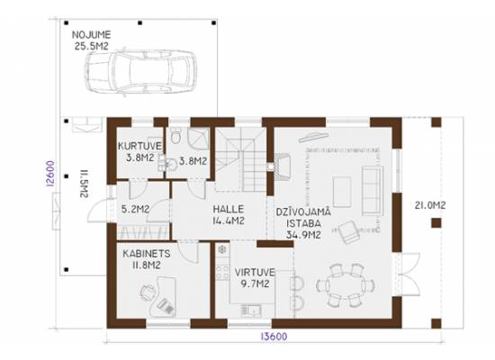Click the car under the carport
[140, 71]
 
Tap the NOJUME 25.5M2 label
[92, 40]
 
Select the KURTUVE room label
[139, 146]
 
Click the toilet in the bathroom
[175, 136]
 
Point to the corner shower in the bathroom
[199, 139]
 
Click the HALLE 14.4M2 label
[229, 215]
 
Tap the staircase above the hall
[241, 159]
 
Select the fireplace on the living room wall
[283, 166]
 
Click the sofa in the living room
[373, 191]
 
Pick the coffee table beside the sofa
[342, 192]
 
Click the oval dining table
[346, 285]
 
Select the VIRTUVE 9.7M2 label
[255, 278]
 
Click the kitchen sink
[251, 310]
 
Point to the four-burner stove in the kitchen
[222, 272]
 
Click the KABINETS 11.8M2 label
[147, 259]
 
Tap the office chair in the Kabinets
[148, 292]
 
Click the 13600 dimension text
[274, 337]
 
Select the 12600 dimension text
[50, 174]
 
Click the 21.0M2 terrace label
[430, 205]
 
